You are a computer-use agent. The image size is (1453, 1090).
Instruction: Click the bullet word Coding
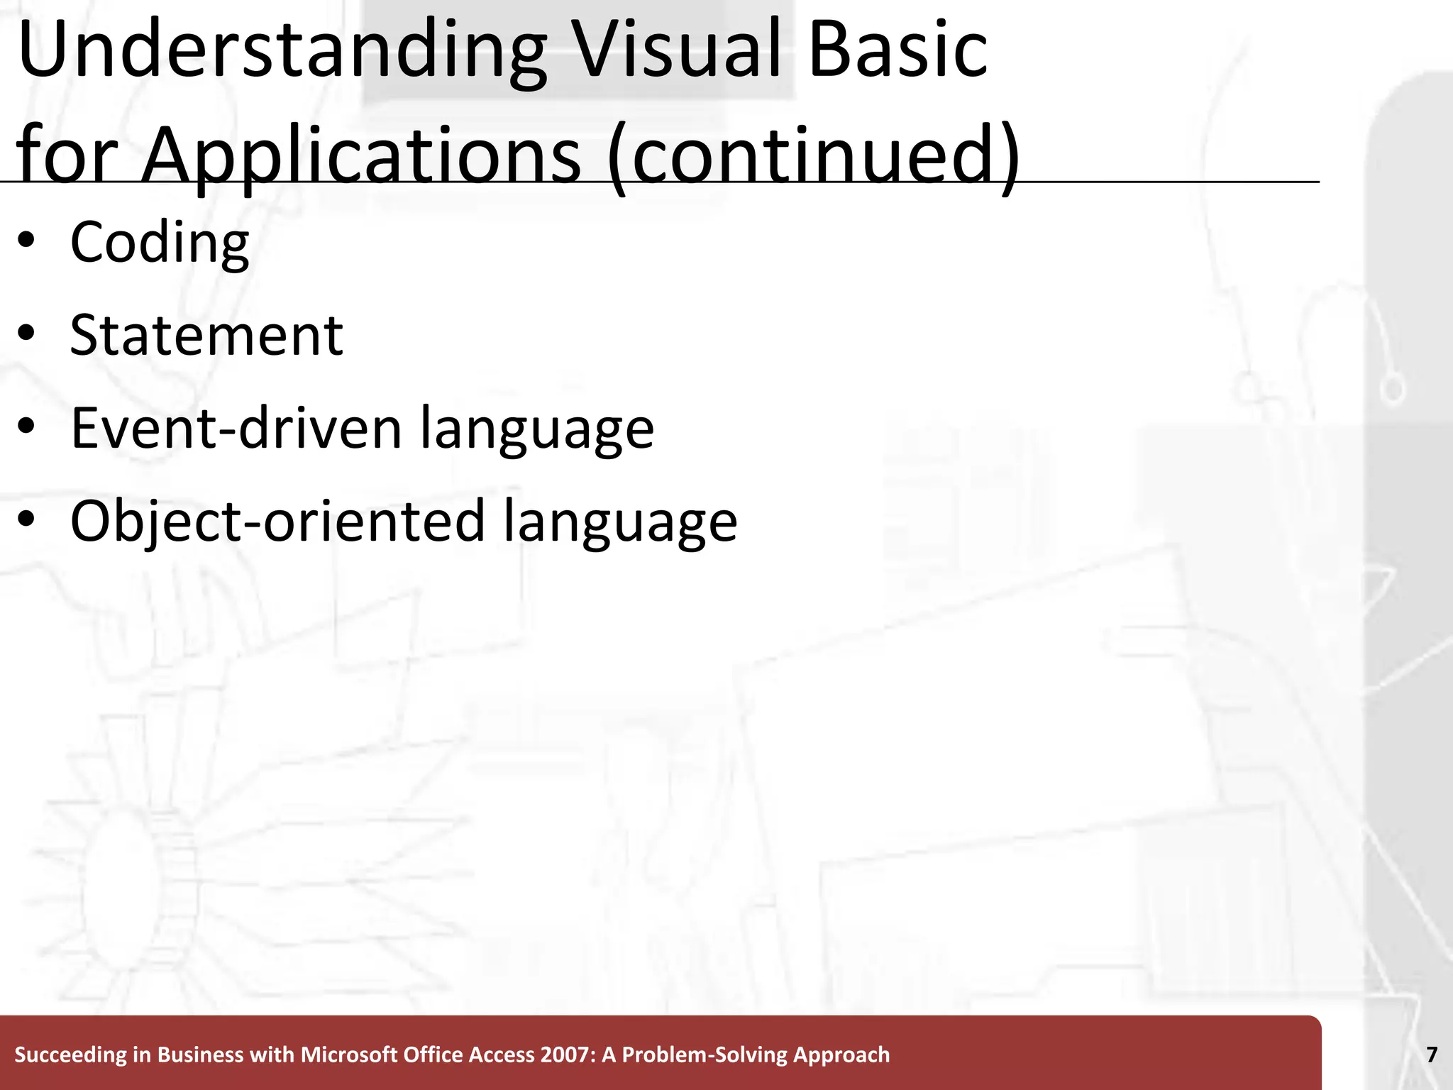160,243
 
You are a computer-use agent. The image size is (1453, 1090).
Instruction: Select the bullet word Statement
206,335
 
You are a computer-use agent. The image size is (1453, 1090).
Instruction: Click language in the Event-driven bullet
537,429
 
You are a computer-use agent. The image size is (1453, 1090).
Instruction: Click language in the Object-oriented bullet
621,522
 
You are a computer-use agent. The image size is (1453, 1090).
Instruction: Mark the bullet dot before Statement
27,335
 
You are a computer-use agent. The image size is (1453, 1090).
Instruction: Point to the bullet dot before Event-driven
27,428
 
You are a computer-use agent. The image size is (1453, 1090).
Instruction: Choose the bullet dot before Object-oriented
27,521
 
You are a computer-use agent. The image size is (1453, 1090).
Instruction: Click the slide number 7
1432,1055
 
